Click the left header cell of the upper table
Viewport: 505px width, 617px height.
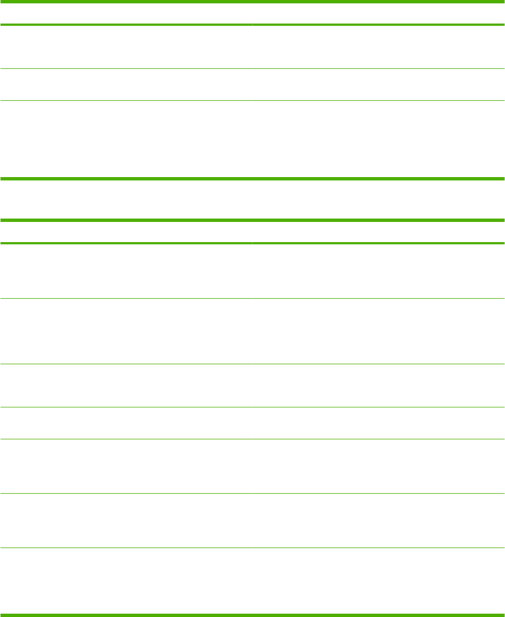pos(126,13)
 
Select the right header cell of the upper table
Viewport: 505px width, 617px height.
pos(378,13)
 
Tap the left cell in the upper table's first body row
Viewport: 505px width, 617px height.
pos(126,47)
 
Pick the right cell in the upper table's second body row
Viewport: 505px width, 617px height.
pos(378,85)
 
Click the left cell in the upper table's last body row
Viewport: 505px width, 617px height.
pos(126,139)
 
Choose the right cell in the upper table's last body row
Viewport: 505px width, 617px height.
pos(378,139)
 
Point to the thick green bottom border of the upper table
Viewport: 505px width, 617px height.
pos(252,179)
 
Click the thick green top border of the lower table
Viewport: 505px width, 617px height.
pos(252,220)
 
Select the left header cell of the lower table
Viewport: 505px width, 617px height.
pos(126,231)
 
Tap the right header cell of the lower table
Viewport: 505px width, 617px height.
pos(378,231)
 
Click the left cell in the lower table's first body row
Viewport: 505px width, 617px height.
pos(126,271)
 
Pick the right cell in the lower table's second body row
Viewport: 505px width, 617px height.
pos(378,331)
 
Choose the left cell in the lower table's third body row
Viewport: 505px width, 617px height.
pos(126,386)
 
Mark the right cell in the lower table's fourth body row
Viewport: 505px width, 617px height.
pos(378,423)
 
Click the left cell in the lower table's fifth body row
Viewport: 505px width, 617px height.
pos(126,466)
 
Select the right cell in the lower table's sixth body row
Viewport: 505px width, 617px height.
pos(378,521)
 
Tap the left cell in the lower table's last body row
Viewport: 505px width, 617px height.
pos(126,581)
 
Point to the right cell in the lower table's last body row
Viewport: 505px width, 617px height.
pos(378,581)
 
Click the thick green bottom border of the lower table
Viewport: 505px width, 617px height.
pos(252,615)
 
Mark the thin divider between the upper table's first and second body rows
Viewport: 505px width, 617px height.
pos(252,69)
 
